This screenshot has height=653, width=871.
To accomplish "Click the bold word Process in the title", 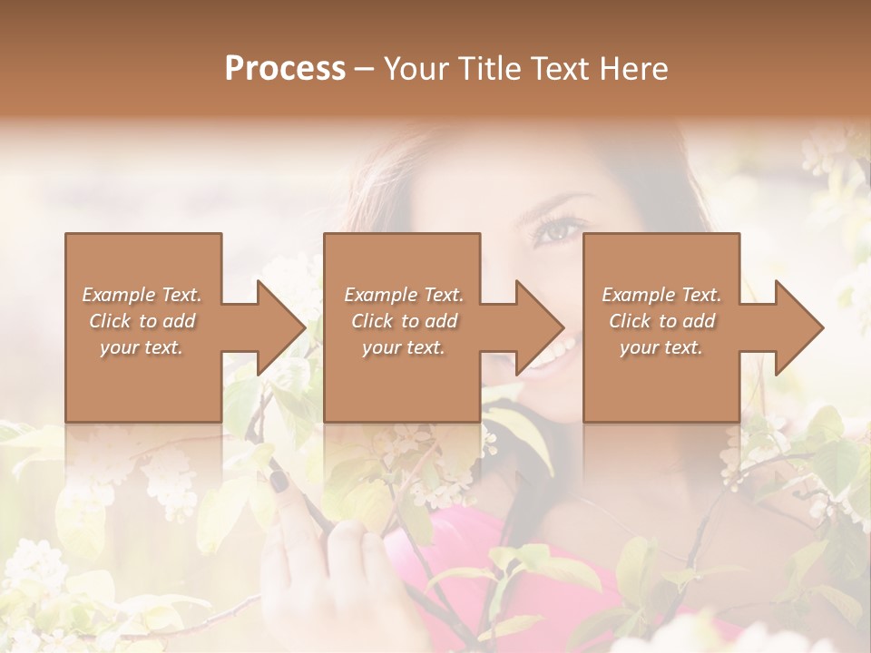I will (x=285, y=69).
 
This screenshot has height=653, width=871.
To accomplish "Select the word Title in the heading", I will (x=487, y=69).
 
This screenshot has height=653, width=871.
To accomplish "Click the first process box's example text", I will (x=142, y=321).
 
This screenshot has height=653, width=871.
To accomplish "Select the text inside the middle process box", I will (x=404, y=321).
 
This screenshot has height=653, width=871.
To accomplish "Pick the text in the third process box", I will (x=661, y=321).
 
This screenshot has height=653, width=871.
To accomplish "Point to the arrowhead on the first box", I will (x=281, y=327).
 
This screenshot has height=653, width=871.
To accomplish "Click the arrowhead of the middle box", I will (x=540, y=327).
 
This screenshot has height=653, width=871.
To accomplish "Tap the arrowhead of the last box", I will (x=799, y=327).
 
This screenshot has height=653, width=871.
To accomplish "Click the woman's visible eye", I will (x=555, y=230).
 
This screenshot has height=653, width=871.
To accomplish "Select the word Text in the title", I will (x=561, y=69).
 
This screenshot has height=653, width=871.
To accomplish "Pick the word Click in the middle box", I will (x=372, y=321).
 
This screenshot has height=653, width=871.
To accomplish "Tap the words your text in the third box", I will (x=661, y=347).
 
